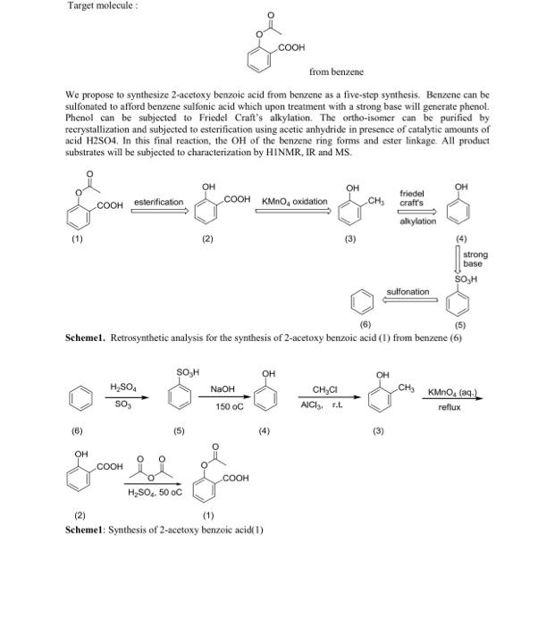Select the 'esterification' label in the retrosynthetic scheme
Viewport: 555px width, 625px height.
tap(158, 202)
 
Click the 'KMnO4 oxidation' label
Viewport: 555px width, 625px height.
tap(294, 202)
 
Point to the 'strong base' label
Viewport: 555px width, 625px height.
tap(475, 259)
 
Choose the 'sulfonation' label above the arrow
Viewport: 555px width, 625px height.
tap(408, 291)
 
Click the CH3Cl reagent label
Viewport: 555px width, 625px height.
tap(324, 389)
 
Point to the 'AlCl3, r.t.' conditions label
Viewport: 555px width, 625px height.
tap(324, 407)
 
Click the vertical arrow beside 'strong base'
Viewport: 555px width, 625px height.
tap(458, 260)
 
